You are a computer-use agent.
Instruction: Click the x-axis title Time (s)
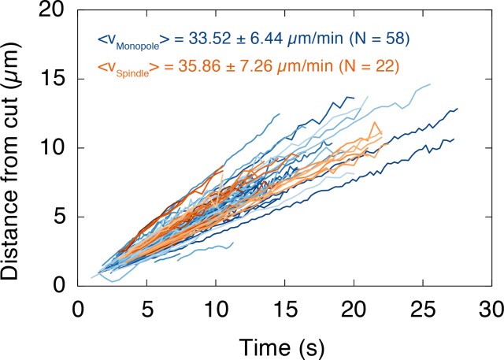click(284, 343)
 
